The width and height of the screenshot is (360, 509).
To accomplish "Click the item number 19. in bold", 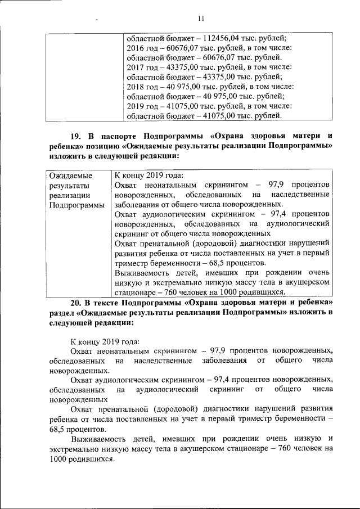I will (76, 136).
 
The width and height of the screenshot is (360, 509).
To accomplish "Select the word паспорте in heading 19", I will (119, 136).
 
